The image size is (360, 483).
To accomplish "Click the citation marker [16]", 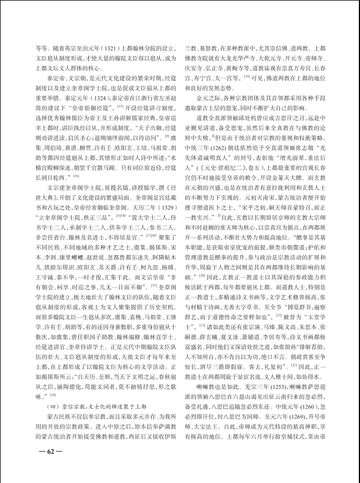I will pos(77,176).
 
